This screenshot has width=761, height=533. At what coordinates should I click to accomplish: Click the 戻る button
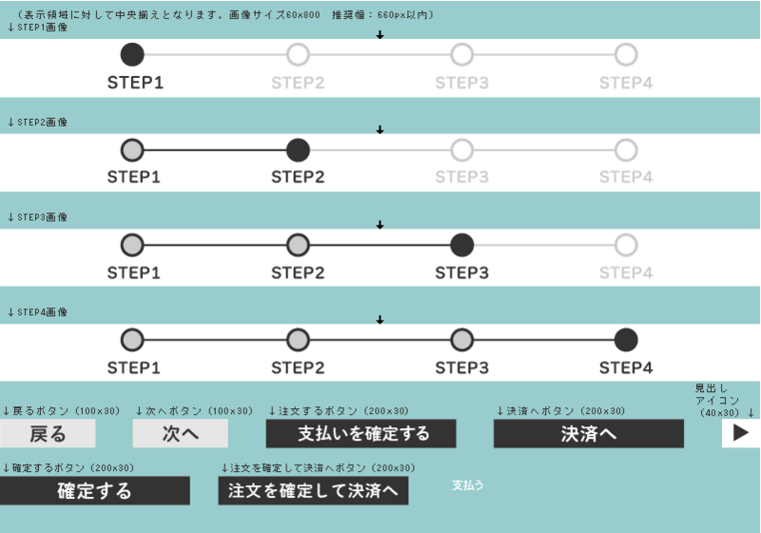(48, 433)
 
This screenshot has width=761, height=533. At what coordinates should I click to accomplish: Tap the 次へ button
(181, 433)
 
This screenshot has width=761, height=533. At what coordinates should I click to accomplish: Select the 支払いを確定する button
(361, 433)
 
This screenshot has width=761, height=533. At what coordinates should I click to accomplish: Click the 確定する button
(94, 490)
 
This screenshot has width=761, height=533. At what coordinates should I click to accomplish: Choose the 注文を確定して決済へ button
(313, 490)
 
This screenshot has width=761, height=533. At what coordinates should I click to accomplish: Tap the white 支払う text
(467, 485)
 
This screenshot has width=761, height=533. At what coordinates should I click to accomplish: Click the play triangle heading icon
(741, 433)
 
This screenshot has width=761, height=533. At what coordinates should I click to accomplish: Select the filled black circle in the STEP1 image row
(132, 54)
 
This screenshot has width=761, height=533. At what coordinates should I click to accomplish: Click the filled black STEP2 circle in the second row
(298, 150)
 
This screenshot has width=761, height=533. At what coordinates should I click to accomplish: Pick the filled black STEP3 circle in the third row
(462, 246)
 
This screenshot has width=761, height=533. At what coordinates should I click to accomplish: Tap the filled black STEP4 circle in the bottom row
(626, 340)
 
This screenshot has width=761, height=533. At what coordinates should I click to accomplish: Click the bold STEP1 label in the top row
(135, 83)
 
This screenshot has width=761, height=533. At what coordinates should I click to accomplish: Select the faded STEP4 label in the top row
(626, 83)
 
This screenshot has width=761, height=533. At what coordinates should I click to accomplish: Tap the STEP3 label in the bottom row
(462, 367)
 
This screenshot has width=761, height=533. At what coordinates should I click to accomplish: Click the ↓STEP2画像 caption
(37, 123)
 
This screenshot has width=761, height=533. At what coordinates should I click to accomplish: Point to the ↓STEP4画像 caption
(37, 312)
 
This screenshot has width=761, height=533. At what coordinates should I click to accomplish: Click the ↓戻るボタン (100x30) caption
(61, 411)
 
